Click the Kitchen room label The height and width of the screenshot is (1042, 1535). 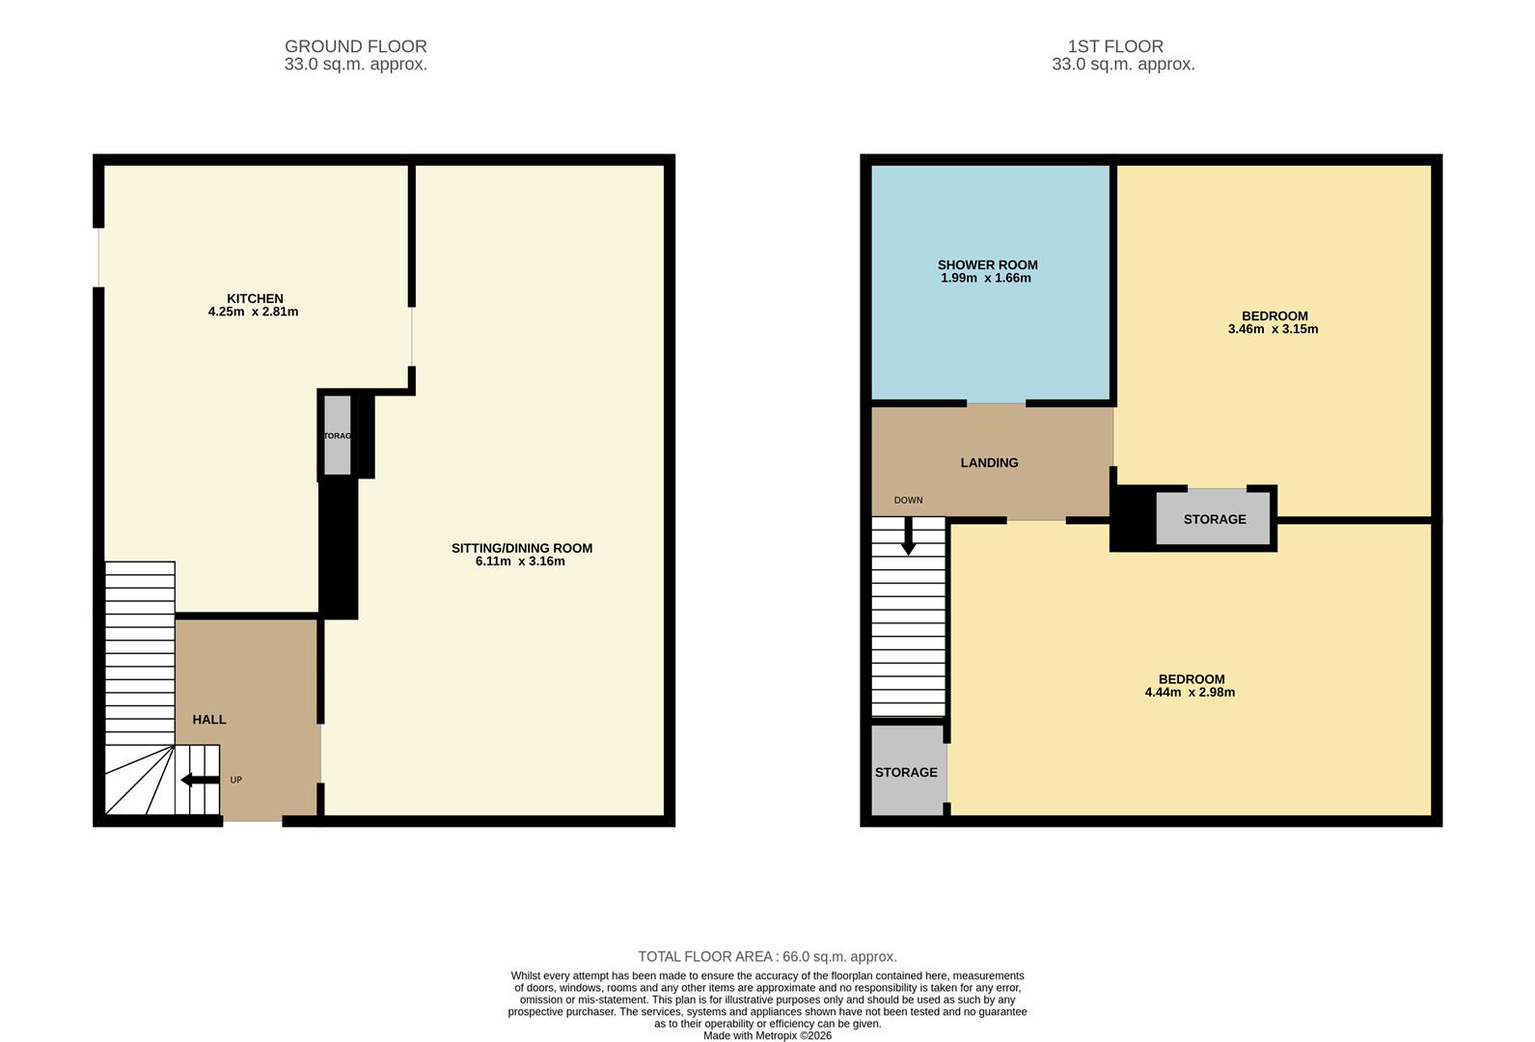point(255,298)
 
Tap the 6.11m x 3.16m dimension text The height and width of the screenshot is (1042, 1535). point(520,562)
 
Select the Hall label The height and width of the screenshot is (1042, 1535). point(209,720)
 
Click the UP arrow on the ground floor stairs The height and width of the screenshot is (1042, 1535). point(200,780)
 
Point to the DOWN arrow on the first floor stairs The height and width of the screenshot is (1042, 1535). point(908,536)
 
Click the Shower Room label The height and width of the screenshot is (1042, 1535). point(987,264)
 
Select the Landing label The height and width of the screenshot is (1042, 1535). point(989,463)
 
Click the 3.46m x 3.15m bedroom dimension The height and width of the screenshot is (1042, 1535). point(1273,329)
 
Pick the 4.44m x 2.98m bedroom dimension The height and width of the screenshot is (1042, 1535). point(1190,693)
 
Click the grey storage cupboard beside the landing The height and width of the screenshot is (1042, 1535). point(1214,519)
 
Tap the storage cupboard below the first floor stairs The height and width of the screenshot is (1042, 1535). point(907,772)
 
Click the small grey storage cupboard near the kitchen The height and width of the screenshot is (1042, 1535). point(337,436)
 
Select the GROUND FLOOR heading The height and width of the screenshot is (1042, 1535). point(355,46)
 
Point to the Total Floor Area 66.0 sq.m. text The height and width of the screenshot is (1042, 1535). point(767,957)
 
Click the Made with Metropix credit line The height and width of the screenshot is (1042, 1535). point(767,1036)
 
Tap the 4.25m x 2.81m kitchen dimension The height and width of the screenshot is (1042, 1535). point(253,313)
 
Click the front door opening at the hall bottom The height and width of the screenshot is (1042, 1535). point(253,821)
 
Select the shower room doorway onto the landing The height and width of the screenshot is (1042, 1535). point(996,403)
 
